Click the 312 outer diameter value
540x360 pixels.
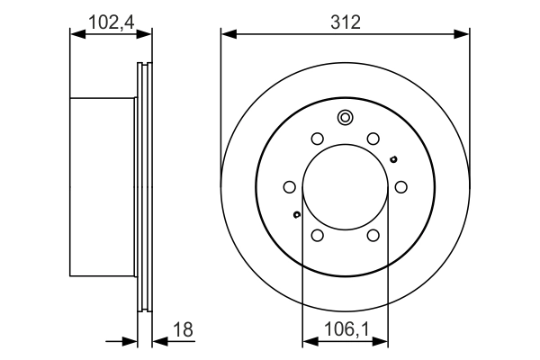pos(346,22)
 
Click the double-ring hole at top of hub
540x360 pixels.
pos(345,117)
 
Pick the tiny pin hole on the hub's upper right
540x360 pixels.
pos(393,159)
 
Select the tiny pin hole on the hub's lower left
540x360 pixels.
pos(296,214)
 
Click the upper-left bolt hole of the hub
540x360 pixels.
pos(317,139)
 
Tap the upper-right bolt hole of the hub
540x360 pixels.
pos(373,139)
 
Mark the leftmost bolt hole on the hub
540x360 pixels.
pos(289,186)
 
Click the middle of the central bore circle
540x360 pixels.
pos(345,186)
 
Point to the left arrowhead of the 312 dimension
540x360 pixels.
pos(228,34)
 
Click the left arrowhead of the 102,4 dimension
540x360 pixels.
pos(76,34)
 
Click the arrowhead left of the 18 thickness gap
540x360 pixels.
pos(130,341)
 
